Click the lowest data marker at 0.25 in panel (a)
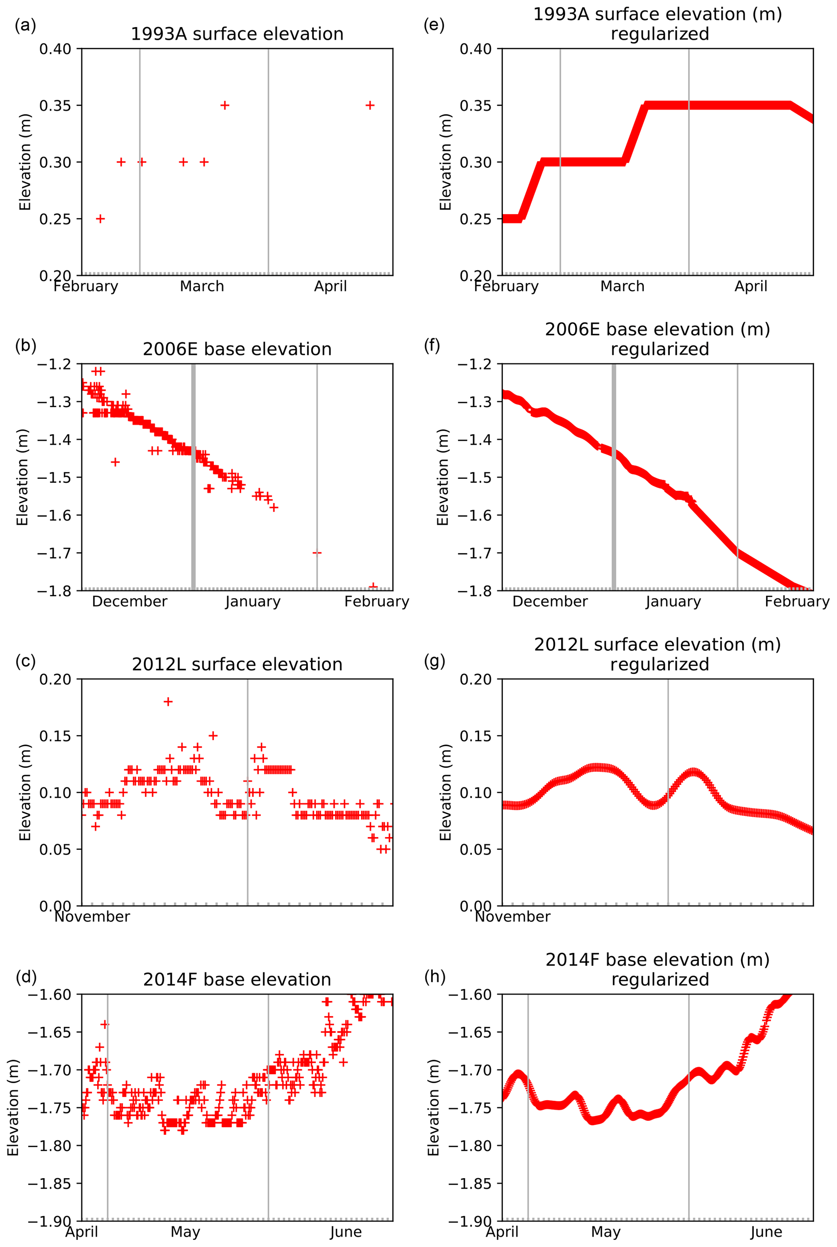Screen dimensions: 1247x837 tap(100, 219)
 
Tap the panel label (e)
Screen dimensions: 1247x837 tap(434, 25)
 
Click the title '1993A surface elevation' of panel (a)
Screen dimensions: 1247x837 tap(237, 34)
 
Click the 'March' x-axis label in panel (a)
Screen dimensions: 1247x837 tap(202, 287)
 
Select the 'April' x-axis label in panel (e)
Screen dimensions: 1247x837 tap(750, 287)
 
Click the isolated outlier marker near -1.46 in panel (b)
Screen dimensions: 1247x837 tap(115, 461)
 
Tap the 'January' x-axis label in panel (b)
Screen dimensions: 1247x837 tap(253, 602)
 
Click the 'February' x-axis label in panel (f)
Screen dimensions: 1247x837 tap(797, 602)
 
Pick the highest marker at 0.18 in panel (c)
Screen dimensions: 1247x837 tap(168, 702)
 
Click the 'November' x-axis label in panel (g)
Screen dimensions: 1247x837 tap(513, 917)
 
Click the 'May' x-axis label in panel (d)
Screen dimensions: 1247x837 tap(185, 1232)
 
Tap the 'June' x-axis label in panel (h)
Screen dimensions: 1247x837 tap(766, 1232)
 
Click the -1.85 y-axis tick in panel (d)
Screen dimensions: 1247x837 tap(49, 1183)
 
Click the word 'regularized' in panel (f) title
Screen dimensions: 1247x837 tap(660, 350)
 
